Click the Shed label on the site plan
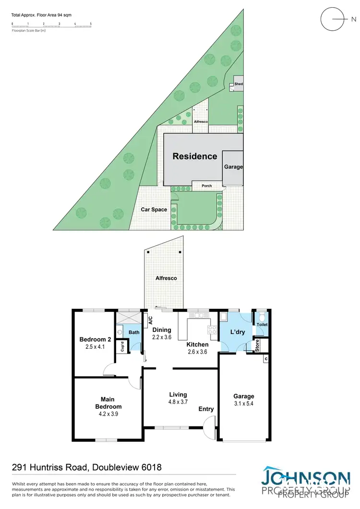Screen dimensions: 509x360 tap(239, 84)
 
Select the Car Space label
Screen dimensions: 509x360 tap(154, 210)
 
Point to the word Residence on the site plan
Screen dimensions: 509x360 tap(195, 156)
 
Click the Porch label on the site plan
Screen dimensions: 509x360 tap(206, 186)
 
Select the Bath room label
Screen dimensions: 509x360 tap(133, 332)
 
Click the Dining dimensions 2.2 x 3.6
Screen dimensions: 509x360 tap(162, 337)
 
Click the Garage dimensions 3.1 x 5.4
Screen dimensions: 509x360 tap(244, 404)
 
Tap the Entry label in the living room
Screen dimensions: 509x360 tap(206, 409)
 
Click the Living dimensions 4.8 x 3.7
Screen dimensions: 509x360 tap(178, 402)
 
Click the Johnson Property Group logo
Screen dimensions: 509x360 tap(305, 482)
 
